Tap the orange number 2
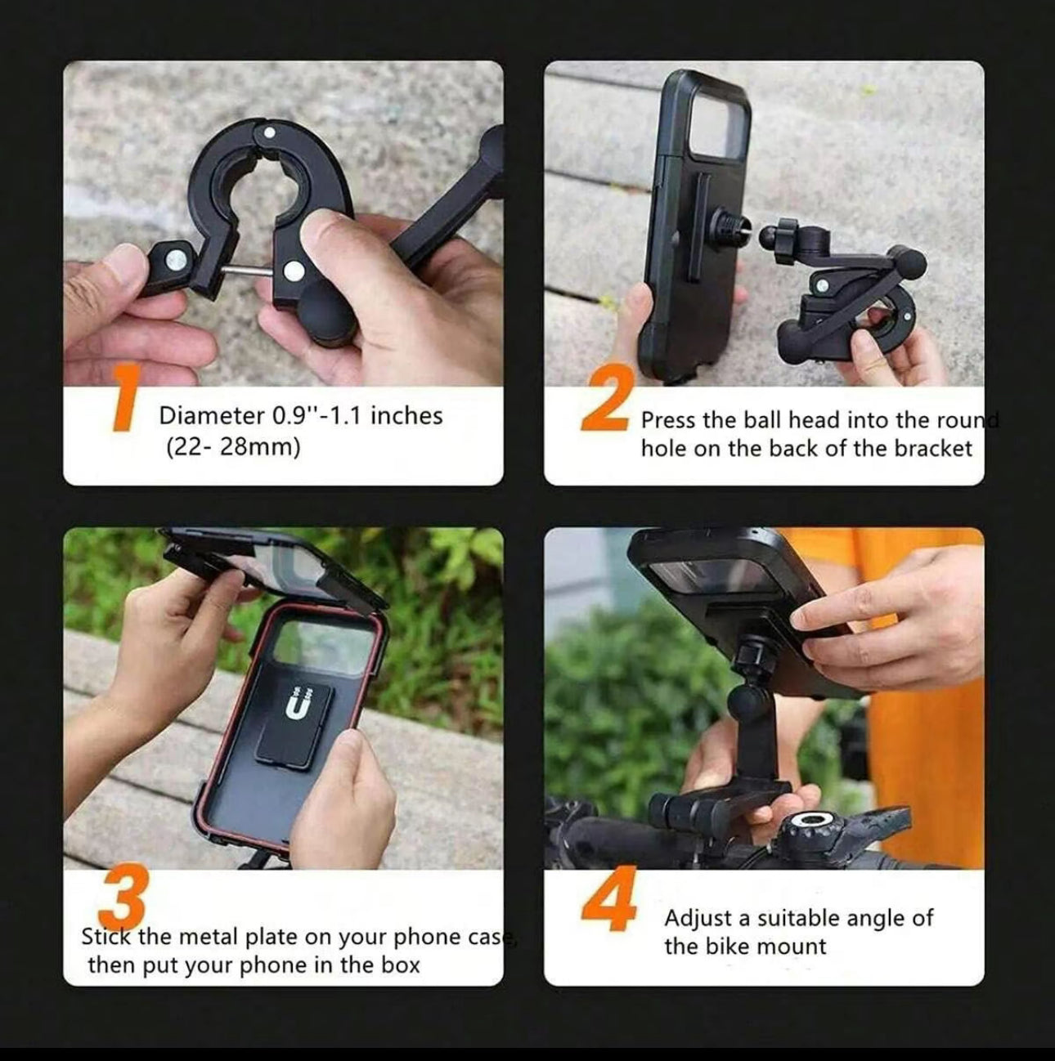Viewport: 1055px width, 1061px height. pos(604,398)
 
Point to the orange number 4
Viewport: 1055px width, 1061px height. pos(609,900)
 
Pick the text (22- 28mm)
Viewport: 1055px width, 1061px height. pos(233,448)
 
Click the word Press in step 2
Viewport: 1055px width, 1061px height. pos(668,421)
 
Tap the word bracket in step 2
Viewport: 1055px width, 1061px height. pos(932,449)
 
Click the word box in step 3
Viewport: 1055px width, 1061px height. pos(400,965)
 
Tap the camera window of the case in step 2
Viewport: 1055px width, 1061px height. pos(720,114)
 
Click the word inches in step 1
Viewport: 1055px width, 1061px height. pos(406,416)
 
